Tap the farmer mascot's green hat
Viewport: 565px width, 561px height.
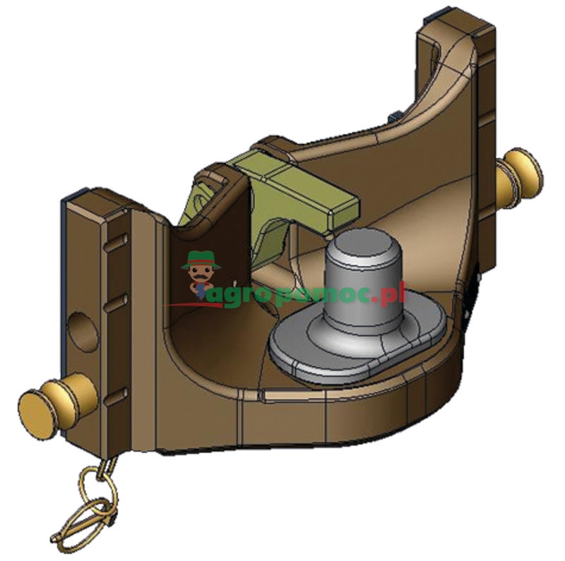click(199, 260)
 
